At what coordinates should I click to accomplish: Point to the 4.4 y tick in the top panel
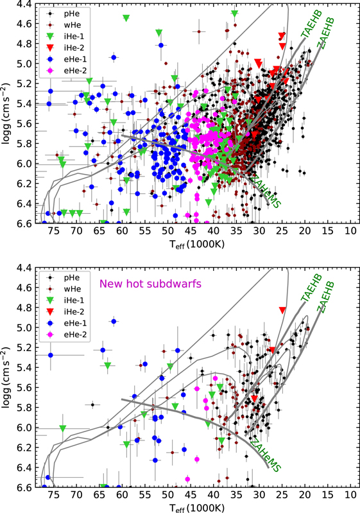click(23, 4)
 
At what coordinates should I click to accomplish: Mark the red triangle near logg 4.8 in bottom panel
click(282, 311)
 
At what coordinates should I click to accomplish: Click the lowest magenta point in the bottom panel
click(187, 479)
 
